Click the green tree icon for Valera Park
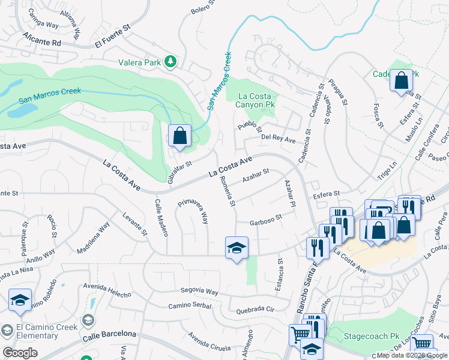point(171,61)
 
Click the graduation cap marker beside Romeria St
point(237,248)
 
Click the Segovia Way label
point(201,291)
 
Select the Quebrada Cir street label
point(255,310)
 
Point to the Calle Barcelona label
point(110,334)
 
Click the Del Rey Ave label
point(279,140)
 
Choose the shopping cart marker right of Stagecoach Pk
point(423,345)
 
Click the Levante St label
point(134,225)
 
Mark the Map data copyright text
point(412,355)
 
